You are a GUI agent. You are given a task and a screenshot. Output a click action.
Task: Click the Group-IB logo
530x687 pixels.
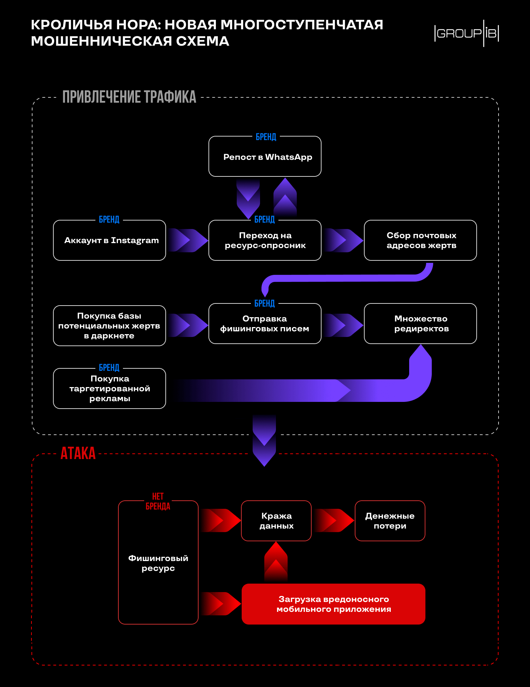click(x=466, y=34)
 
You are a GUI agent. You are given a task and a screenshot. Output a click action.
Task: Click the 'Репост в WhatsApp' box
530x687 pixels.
click(x=265, y=156)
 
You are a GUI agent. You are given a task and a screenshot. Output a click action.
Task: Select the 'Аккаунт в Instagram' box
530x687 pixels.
click(x=110, y=240)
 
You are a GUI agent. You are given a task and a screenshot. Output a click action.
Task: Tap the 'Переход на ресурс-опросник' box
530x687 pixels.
click(x=265, y=240)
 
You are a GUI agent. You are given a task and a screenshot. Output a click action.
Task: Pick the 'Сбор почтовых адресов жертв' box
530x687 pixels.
click(x=420, y=240)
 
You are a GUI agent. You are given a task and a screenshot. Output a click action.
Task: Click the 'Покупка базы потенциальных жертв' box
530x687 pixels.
click(x=110, y=326)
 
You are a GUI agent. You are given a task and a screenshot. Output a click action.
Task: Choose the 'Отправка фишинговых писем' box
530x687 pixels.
click(x=265, y=324)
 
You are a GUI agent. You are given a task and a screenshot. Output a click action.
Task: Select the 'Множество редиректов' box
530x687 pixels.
click(x=420, y=324)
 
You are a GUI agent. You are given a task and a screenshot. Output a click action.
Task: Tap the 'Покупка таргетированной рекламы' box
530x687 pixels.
click(x=110, y=388)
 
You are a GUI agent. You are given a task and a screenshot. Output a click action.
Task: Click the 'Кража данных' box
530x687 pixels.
click(x=276, y=521)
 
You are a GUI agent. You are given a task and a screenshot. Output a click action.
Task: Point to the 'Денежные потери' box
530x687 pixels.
click(x=390, y=521)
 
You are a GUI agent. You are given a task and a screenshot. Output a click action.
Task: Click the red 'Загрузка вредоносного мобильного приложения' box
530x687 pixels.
click(x=334, y=604)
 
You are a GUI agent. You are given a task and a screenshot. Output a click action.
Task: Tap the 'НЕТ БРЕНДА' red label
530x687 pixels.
click(x=158, y=501)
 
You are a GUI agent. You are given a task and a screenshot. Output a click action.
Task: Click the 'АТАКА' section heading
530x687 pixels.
click(x=78, y=453)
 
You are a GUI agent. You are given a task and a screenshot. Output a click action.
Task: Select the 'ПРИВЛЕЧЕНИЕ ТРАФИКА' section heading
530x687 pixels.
click(x=129, y=97)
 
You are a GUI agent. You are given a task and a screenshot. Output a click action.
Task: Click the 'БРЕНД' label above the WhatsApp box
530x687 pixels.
click(x=266, y=137)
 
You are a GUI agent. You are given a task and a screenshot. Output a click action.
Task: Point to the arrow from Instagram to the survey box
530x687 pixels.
click(x=187, y=240)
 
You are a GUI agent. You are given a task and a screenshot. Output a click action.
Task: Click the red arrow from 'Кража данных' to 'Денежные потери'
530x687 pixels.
click(x=334, y=520)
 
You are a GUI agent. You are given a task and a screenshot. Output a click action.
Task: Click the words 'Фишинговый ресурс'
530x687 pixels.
click(x=158, y=563)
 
